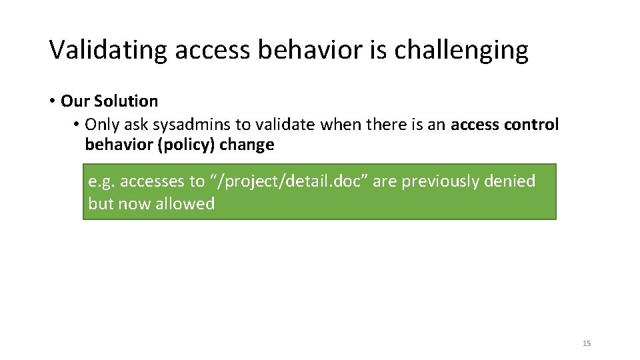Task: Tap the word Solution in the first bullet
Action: tap(126, 101)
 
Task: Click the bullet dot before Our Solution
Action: tap(51, 101)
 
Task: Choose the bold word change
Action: tap(247, 145)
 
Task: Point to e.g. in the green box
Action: tap(102, 181)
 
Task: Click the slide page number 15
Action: tap(587, 343)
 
